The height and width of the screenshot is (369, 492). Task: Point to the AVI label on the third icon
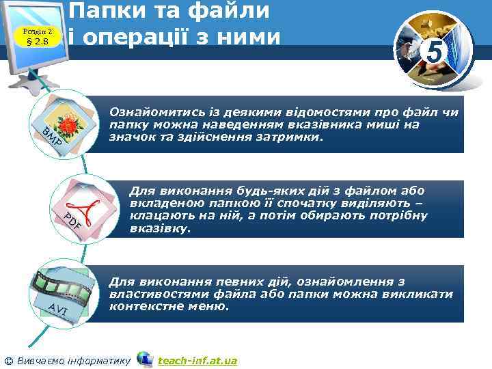point(61,311)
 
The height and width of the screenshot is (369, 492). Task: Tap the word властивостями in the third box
point(153,294)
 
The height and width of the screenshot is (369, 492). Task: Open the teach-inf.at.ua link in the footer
point(197,360)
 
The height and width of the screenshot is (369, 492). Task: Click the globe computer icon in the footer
point(144,359)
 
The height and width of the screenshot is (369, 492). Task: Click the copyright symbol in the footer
point(8,360)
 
